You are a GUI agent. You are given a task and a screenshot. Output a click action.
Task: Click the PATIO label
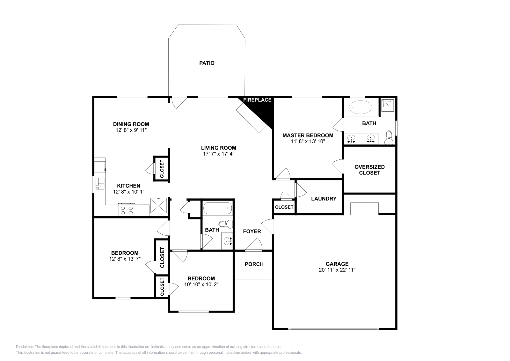[207, 63]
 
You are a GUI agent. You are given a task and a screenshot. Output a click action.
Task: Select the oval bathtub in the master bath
[361, 107]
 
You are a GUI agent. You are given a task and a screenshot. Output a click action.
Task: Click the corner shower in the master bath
[388, 106]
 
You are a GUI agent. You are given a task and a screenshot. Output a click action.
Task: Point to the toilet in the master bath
[389, 137]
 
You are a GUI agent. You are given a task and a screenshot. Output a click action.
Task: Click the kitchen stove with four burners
[126, 210]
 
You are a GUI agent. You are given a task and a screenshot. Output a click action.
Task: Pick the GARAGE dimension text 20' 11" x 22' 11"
[337, 270]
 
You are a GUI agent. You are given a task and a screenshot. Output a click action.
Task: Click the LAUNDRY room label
[324, 199]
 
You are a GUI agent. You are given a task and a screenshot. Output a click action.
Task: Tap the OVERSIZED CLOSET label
[369, 170]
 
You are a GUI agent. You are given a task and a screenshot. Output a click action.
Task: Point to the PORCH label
[254, 264]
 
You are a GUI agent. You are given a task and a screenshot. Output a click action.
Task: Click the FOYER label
[252, 232]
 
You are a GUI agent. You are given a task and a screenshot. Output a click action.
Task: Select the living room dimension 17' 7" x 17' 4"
[219, 154]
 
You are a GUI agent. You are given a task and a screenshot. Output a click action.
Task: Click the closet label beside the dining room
[162, 169]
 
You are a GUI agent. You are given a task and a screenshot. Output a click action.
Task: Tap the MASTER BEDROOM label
[308, 136]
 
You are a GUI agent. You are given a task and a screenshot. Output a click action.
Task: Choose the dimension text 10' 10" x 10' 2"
[201, 284]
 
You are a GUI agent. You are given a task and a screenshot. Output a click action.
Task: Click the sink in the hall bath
[228, 241]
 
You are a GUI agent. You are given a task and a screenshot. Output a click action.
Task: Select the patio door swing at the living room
[178, 102]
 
